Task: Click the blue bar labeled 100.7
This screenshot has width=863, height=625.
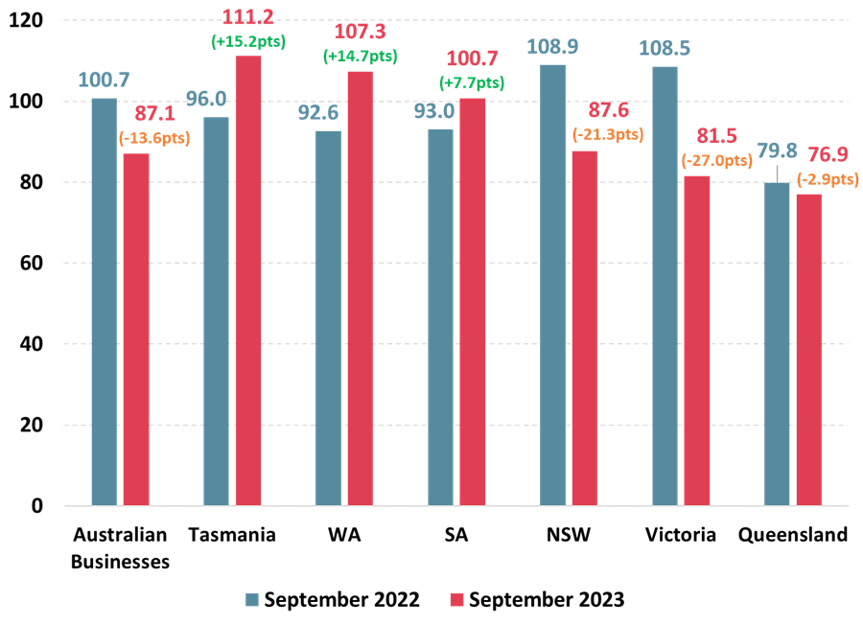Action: [104, 301]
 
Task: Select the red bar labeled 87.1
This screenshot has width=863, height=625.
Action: [136, 329]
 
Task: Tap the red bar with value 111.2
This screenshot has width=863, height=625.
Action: [248, 280]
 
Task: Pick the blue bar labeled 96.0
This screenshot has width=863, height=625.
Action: [216, 311]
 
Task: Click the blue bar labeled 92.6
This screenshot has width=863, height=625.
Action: [328, 317]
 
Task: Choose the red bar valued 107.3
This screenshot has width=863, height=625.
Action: [360, 288]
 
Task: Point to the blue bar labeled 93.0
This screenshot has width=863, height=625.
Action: [440, 316]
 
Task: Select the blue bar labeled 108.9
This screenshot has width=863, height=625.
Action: [552, 285]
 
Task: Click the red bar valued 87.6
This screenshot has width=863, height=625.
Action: [584, 328]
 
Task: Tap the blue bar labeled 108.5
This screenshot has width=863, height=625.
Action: [665, 286]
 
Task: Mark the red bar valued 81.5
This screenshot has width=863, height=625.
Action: [697, 340]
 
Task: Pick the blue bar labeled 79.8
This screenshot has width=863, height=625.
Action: [777, 343]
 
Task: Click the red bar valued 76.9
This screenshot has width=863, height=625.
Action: [808, 349]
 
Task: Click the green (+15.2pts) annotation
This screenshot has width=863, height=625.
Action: [248, 41]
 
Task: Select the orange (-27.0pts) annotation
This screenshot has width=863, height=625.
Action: [716, 161]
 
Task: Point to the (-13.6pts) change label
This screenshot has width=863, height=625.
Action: [154, 138]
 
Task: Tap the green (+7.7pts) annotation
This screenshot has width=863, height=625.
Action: [472, 82]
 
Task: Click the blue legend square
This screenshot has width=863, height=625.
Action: [252, 599]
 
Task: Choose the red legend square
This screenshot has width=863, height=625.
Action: [456, 599]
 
